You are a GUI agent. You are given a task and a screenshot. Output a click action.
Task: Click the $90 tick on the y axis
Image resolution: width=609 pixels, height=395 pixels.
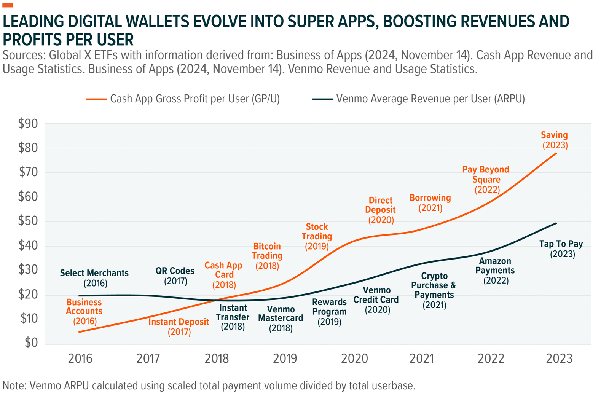[x=28, y=124]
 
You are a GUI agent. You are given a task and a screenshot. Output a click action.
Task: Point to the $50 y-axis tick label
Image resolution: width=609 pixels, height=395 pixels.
[x=28, y=221]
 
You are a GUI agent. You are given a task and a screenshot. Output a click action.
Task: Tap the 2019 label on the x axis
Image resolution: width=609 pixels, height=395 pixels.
[x=285, y=358]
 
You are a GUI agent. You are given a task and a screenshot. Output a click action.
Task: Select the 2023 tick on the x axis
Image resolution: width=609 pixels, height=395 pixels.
[x=559, y=358]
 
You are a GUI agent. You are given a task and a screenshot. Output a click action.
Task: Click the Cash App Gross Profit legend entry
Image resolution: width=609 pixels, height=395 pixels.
[x=183, y=99]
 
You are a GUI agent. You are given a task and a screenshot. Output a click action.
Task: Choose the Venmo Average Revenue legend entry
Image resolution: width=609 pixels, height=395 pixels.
[x=419, y=99]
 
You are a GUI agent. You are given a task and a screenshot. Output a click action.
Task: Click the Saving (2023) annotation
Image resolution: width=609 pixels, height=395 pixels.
[x=555, y=140]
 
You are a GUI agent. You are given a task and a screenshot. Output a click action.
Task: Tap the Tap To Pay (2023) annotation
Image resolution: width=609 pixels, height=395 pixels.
[x=561, y=249]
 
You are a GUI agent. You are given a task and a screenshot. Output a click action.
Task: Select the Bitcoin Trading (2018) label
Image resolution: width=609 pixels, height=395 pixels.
[x=267, y=256]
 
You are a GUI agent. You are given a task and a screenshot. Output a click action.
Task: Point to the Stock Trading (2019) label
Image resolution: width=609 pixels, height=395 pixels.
[x=317, y=236]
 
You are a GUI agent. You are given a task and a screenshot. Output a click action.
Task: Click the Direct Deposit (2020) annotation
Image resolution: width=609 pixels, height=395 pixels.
[x=381, y=210]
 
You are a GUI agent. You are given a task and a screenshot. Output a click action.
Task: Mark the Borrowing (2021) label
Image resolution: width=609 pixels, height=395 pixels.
[x=430, y=202]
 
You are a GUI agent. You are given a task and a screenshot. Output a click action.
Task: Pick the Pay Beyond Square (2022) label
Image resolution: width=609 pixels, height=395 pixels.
[x=486, y=179]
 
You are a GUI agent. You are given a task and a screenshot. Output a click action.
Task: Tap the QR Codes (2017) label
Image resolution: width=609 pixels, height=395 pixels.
[x=175, y=276]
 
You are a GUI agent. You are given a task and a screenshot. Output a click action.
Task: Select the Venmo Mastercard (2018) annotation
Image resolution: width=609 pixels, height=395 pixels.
[x=281, y=318]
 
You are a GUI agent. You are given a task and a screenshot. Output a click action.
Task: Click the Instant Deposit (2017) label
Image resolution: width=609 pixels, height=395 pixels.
[x=179, y=327]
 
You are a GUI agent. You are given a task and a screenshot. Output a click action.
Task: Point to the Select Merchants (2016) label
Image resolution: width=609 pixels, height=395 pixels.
[x=94, y=278]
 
